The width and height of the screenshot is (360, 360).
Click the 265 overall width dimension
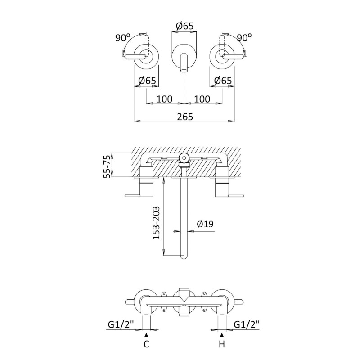coord(185,117)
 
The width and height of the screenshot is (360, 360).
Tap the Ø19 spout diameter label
coord(205,224)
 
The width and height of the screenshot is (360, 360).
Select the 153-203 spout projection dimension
coord(156,223)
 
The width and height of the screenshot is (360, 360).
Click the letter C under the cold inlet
coord(146,344)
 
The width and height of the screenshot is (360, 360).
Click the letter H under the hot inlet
coord(222,344)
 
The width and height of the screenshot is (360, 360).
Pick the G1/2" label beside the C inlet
coord(121,324)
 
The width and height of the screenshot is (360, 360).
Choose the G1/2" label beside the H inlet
coord(247,324)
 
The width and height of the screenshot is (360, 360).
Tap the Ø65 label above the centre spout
coord(184,26)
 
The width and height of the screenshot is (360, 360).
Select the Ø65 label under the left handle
coord(147,81)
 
